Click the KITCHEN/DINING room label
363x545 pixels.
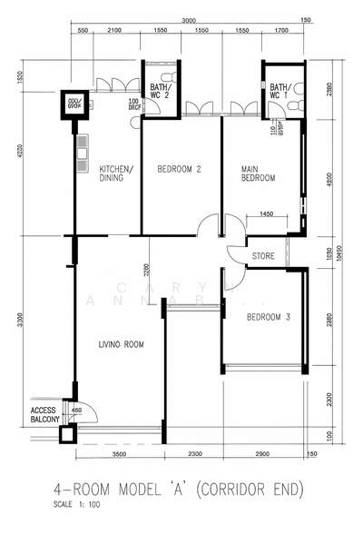116,173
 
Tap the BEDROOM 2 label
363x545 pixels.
179,169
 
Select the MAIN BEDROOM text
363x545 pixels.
258,173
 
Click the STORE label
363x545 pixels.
263,255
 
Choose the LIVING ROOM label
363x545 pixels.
121,345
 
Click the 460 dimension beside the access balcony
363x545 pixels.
76,411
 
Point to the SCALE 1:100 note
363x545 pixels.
75,504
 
